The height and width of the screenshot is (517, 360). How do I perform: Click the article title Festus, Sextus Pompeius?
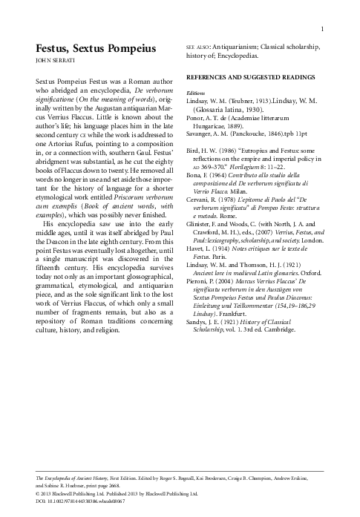[x=96, y=48]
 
